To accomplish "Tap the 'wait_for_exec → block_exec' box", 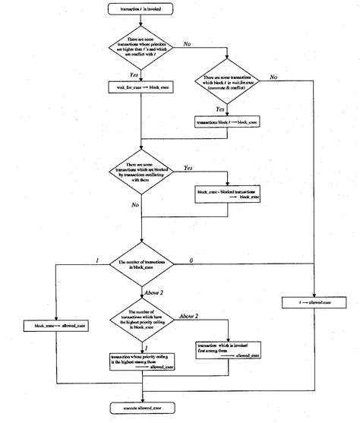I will tap(142, 90).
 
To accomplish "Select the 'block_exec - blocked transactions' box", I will tap(229, 194).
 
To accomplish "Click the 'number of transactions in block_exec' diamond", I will tap(142, 263).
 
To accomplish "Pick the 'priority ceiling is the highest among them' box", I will tap(142, 359).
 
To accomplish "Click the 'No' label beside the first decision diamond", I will tap(186, 45).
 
